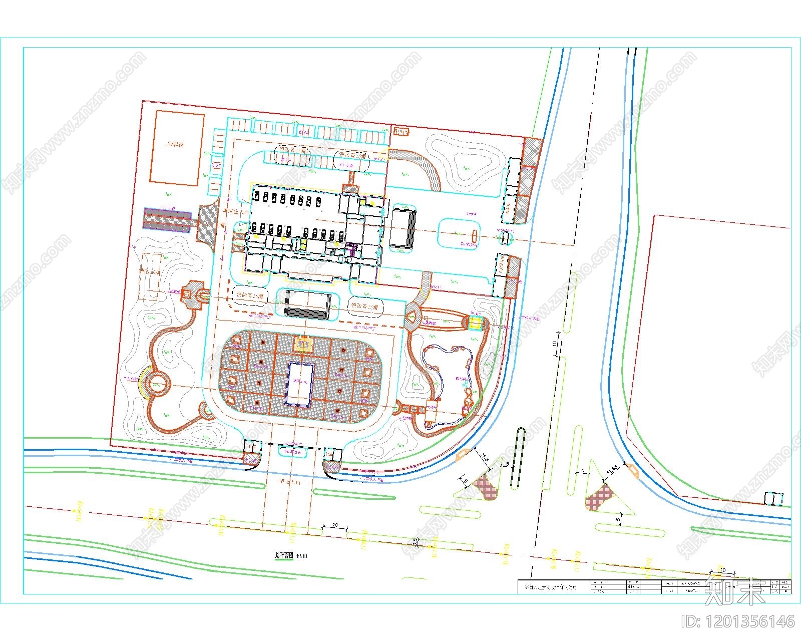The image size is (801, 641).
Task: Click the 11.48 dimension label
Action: click(x=615, y=470)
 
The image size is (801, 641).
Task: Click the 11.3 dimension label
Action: click(x=484, y=458)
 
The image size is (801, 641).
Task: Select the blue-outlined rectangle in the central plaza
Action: click(x=300, y=384)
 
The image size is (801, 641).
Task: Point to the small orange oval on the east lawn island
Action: click(x=474, y=234)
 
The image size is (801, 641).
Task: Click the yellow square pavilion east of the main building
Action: click(x=475, y=323)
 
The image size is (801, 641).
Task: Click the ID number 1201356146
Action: click(x=737, y=621)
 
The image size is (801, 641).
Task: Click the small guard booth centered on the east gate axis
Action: click(x=506, y=238)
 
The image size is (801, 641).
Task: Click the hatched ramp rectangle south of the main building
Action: click(x=307, y=305)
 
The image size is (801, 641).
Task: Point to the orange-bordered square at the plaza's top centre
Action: click(x=303, y=344)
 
